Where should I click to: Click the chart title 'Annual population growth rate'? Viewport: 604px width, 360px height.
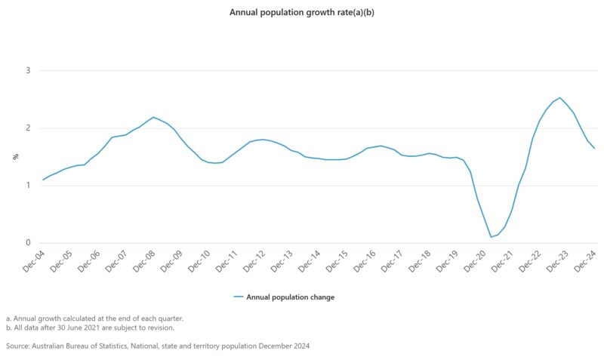(x=301, y=13)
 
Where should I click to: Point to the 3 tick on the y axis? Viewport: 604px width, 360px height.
(x=28, y=71)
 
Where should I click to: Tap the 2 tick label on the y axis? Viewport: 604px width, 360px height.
(x=28, y=128)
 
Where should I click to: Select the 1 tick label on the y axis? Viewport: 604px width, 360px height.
(x=28, y=186)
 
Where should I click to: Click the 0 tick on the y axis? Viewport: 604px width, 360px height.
(x=28, y=243)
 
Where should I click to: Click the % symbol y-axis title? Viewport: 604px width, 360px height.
(x=15, y=157)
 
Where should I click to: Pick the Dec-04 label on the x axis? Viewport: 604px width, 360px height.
(x=33, y=260)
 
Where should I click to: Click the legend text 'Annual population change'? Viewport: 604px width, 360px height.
(x=290, y=297)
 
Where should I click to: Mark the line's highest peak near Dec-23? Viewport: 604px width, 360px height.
(x=559, y=97)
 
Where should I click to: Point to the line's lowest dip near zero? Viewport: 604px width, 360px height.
(x=491, y=237)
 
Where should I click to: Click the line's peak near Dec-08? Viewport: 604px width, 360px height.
(x=153, y=117)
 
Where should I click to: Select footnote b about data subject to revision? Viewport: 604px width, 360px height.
(x=90, y=328)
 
